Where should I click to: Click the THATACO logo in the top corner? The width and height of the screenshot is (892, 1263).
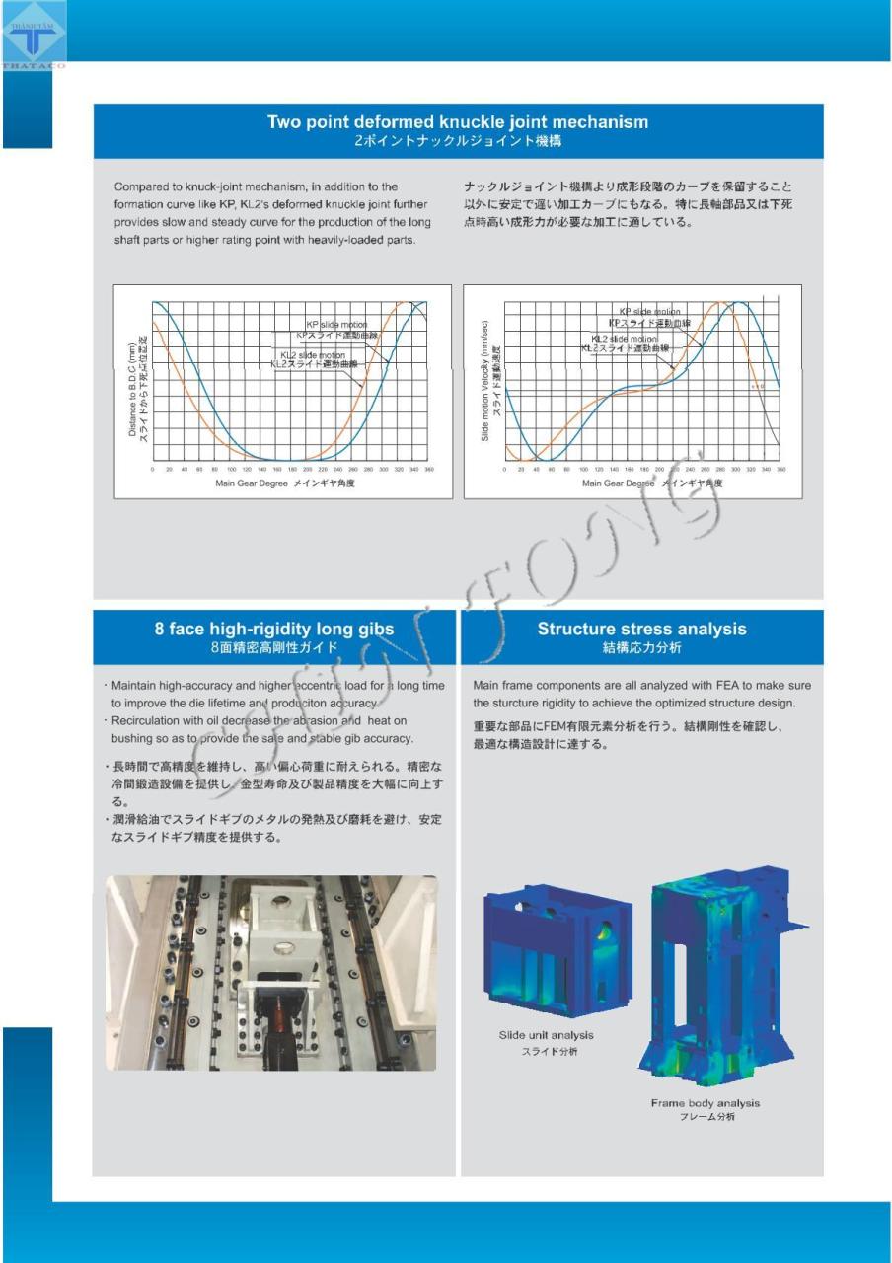tap(33, 36)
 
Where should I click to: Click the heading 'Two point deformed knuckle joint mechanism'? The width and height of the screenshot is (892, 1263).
tap(458, 122)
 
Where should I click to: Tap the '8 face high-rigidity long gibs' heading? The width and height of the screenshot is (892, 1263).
tap(273, 629)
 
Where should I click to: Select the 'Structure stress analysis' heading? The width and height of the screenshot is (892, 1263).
tap(641, 629)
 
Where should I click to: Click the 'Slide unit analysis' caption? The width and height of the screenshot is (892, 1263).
tap(546, 1035)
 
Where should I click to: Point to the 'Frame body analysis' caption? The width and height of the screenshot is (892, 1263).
tap(705, 1102)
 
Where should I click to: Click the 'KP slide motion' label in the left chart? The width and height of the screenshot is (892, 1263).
tap(335, 325)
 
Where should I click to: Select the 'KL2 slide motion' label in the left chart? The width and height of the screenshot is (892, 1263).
tap(312, 355)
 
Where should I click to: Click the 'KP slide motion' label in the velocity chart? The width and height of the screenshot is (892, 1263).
tap(649, 312)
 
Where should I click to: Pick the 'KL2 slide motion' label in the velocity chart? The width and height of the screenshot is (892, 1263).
tap(624, 339)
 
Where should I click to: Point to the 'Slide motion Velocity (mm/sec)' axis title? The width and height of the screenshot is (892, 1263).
tap(485, 381)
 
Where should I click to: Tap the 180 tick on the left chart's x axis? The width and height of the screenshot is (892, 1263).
tap(292, 470)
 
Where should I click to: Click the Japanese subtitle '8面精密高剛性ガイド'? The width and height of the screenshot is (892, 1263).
tap(273, 648)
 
